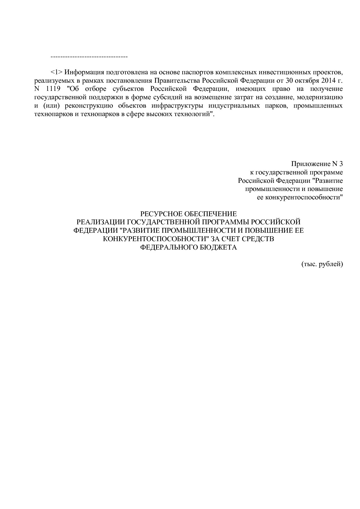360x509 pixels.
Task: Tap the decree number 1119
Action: (x=53, y=89)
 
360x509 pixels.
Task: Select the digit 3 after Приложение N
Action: (x=341, y=164)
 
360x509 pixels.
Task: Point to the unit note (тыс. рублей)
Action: (x=322, y=264)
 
